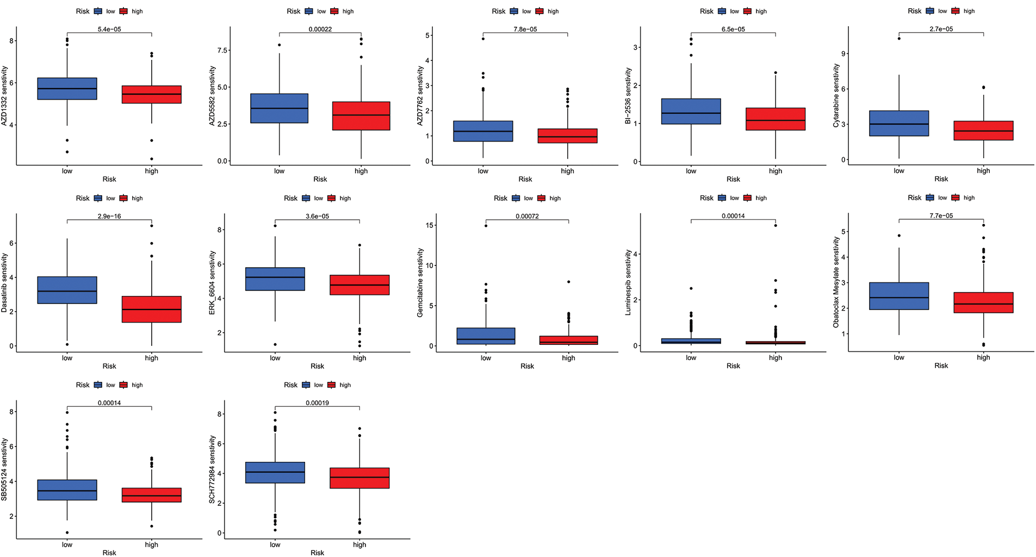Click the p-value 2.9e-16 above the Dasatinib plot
click(109, 216)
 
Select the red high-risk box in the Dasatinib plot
click(151, 309)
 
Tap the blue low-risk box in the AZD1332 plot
click(67, 89)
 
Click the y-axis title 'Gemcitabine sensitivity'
click(420, 283)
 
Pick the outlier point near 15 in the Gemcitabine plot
click(486, 225)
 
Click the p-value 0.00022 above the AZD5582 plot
click(320, 29)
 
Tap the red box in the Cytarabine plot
click(983, 131)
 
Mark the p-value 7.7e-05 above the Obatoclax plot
click(941, 216)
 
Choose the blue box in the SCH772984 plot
click(275, 473)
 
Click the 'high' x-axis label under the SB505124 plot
click(151, 544)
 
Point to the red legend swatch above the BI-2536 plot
click(748, 11)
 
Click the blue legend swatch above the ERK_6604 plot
click(306, 199)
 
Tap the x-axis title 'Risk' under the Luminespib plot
click(733, 366)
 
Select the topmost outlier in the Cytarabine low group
click(899, 38)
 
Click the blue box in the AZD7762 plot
click(483, 131)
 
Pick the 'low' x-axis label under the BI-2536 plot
click(691, 171)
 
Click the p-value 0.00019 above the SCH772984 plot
click(317, 403)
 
